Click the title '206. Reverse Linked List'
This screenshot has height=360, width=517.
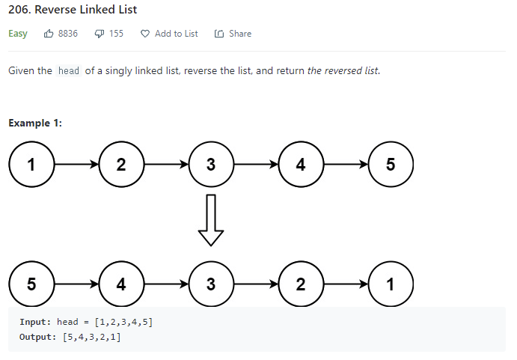tap(73, 10)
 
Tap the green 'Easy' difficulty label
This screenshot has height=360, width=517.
tap(18, 34)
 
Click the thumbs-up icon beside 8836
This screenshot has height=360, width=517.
tap(49, 34)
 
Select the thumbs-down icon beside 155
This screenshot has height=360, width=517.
tap(100, 34)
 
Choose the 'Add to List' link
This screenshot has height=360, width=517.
tap(176, 34)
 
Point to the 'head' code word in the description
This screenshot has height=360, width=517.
tap(68, 71)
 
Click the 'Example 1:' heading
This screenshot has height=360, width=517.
tap(35, 123)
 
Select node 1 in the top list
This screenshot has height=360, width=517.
tap(31, 165)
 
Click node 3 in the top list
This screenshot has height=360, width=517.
tap(211, 165)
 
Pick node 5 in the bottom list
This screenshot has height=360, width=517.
tap(31, 284)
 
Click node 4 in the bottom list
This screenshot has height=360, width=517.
tap(121, 284)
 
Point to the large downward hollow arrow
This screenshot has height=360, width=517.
tap(211, 219)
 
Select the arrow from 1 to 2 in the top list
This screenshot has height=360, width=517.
tap(76, 165)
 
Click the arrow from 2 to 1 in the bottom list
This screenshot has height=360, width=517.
tap(346, 284)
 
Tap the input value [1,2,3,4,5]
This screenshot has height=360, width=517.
tap(124, 322)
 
